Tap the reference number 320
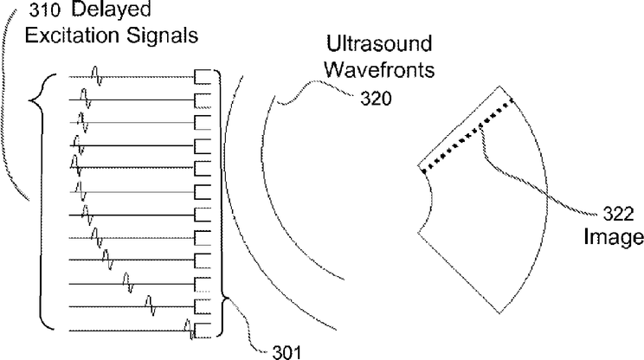(377, 99)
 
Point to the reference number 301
(281, 350)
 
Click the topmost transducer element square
(203, 77)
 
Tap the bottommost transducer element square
(203, 330)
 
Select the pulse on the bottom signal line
(191, 329)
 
